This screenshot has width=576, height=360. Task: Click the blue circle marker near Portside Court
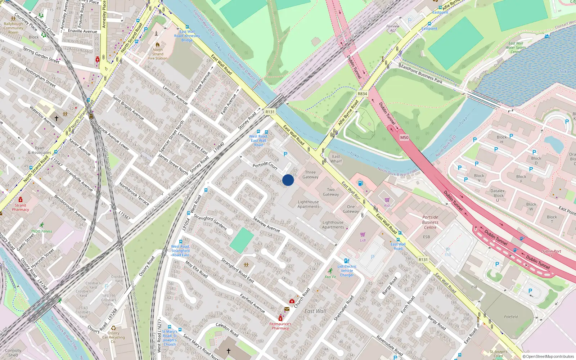point(288,180)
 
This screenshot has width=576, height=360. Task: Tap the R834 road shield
point(362,94)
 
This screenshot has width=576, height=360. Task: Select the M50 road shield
point(404,138)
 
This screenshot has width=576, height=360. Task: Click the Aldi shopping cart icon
point(387,200)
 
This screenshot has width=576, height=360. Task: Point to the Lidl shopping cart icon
point(363,234)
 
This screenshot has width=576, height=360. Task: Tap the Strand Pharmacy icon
point(21,199)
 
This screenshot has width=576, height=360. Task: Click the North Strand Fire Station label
point(158,54)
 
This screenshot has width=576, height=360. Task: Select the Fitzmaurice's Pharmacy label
point(280,326)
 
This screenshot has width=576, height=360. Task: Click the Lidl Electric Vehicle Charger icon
point(347,261)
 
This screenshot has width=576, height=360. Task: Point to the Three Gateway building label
point(310,175)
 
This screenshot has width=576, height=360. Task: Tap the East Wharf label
point(336,159)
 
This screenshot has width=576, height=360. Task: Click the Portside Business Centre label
point(430,222)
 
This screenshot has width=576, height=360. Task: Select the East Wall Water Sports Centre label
point(516,48)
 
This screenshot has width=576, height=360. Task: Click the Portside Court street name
point(265,165)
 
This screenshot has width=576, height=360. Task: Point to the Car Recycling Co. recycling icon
point(113,328)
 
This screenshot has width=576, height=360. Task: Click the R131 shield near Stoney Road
point(270,112)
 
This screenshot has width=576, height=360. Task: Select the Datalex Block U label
point(498,195)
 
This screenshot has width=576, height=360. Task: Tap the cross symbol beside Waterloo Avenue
point(57,118)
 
